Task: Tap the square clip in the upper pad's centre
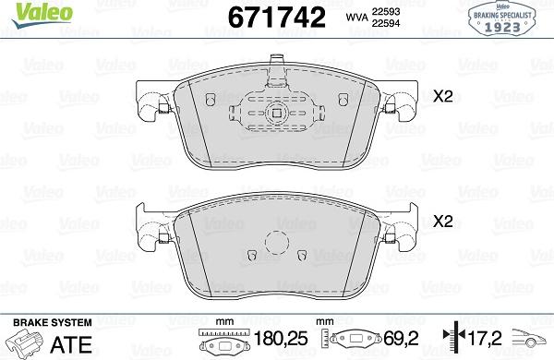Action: [275, 114]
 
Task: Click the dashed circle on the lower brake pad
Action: [276, 244]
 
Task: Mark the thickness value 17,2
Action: [486, 339]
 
